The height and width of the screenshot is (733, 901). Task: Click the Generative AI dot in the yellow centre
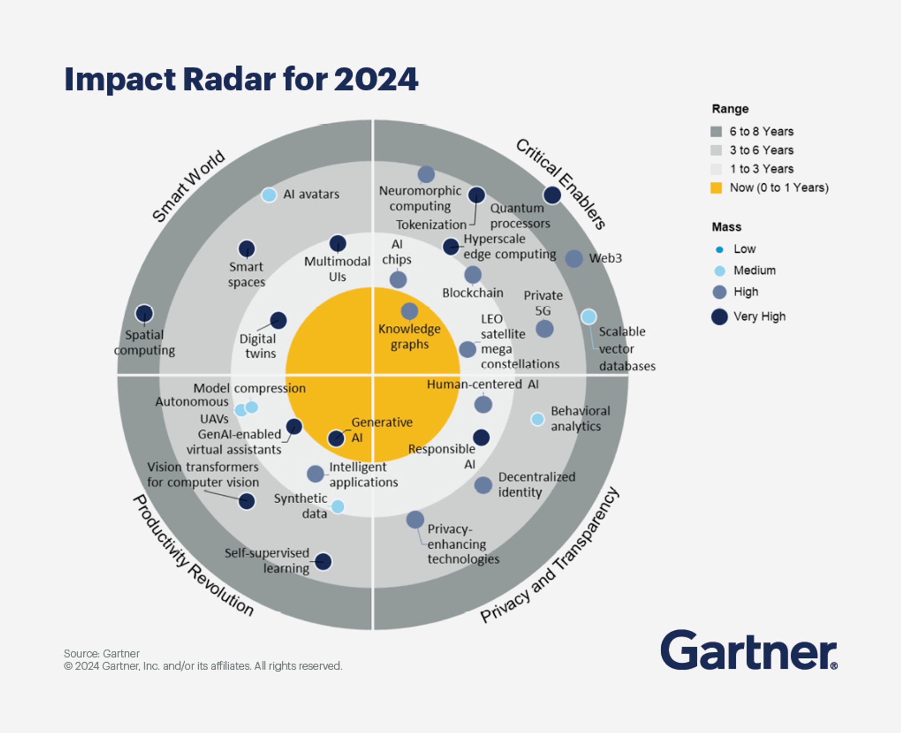click(336, 438)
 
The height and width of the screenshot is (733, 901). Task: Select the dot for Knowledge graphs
click(409, 311)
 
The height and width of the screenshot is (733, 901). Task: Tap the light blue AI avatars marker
click(269, 195)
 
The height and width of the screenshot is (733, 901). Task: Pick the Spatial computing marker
click(144, 314)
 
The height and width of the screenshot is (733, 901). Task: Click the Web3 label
click(605, 258)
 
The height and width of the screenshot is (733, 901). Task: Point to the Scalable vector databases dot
click(588, 317)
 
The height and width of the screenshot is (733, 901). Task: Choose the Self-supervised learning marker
click(323, 561)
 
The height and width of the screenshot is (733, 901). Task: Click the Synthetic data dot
click(338, 506)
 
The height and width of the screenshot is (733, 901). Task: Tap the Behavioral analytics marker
click(537, 419)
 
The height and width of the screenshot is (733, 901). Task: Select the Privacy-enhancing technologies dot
click(415, 519)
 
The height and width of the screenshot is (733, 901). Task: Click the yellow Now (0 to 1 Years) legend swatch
click(716, 188)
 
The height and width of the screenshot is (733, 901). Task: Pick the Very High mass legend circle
click(719, 317)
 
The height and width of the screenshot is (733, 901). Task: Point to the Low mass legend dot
click(719, 250)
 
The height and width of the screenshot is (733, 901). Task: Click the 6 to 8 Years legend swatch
click(716, 132)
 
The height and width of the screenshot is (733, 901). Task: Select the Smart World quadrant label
click(188, 186)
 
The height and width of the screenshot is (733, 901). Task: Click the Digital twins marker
click(278, 320)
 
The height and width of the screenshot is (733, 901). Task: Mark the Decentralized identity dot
click(483, 485)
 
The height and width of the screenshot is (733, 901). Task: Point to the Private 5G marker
click(544, 329)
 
